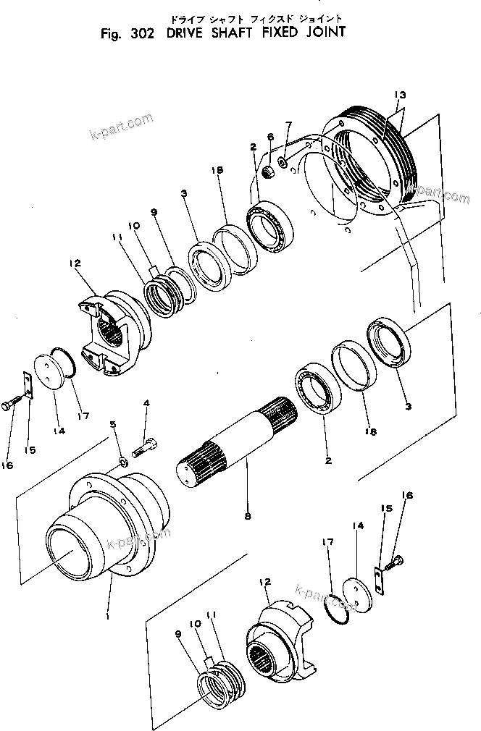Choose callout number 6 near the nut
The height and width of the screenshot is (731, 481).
pyautogui.click(x=269, y=137)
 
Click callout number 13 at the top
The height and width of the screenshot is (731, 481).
pyautogui.click(x=400, y=95)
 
